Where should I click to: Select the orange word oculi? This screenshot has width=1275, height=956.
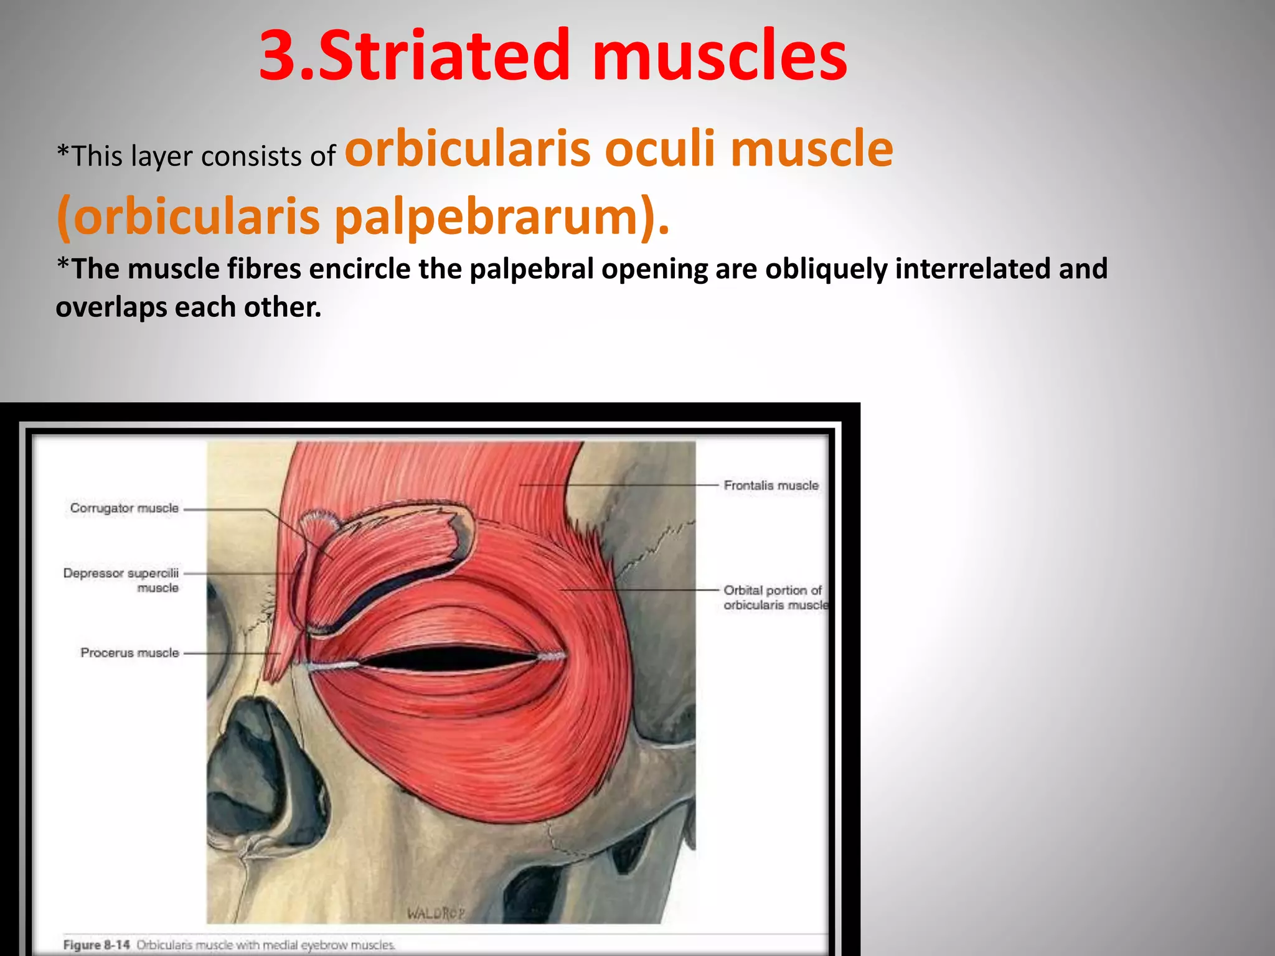click(x=660, y=149)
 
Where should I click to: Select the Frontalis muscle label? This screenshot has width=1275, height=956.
click(x=771, y=485)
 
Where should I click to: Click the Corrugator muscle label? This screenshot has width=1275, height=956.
click(x=124, y=508)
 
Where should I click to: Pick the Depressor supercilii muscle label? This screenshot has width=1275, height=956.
click(x=121, y=580)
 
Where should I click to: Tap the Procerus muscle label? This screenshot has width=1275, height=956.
click(x=129, y=653)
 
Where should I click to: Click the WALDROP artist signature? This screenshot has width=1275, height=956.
click(x=436, y=913)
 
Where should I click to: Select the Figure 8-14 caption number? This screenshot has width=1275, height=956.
click(x=96, y=945)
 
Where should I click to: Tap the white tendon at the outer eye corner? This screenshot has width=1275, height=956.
click(x=551, y=656)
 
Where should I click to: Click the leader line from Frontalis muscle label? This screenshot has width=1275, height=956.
click(x=623, y=485)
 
